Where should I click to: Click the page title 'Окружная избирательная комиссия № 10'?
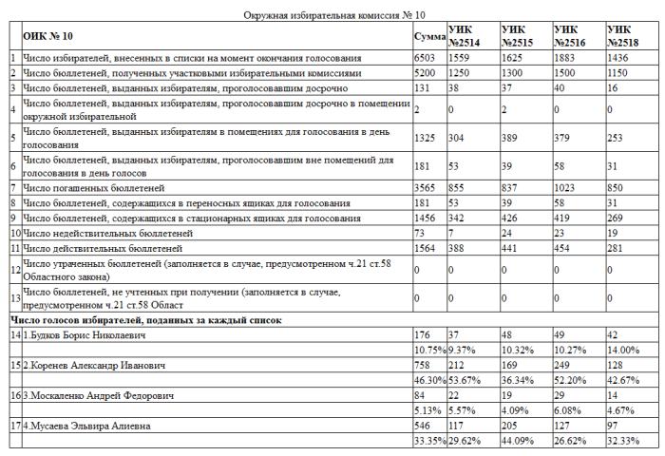[332, 15]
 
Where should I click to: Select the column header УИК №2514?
[465, 37]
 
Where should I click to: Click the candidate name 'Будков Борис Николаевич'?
[85, 335]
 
